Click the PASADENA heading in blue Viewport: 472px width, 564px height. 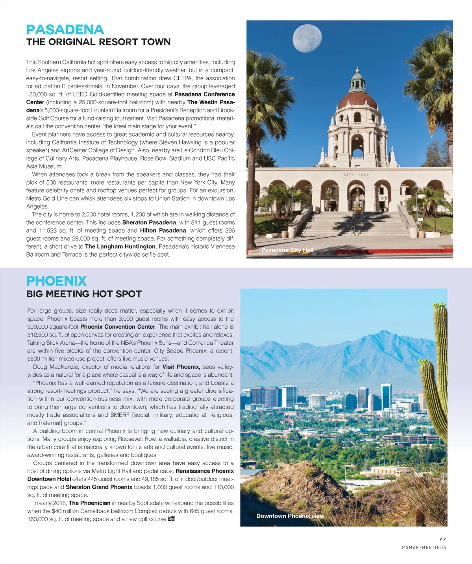tap(65, 30)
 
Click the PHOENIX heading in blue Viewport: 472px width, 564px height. tap(56, 281)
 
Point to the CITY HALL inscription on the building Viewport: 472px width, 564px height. tap(356, 174)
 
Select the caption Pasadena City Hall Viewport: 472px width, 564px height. tap(287, 250)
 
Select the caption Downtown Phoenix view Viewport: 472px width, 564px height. tap(290, 516)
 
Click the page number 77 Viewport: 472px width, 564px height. tap(442, 540)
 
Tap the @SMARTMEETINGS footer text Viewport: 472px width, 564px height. tap(424, 547)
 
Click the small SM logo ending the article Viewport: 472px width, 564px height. tap(171, 519)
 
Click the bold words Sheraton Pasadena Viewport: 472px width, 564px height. tap(149, 222)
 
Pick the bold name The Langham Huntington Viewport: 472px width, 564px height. tap(120, 246)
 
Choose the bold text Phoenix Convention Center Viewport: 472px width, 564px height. tap(118, 327)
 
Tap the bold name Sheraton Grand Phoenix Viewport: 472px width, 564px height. tap(99, 487)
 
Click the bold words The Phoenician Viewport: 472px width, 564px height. tap(89, 503)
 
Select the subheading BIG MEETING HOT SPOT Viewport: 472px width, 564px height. tap(84, 294)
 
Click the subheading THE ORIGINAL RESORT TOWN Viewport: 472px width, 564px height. tap(98, 42)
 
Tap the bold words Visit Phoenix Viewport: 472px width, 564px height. tap(181, 367)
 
